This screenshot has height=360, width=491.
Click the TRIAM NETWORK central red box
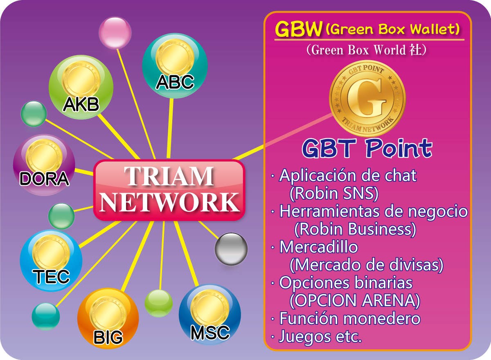tap(169, 190)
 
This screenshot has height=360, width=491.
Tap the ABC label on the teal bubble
tap(175, 82)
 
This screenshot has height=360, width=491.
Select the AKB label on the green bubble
tap(81, 104)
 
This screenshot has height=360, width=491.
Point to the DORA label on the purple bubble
tap(44, 179)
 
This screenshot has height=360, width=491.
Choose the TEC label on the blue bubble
tap(51, 277)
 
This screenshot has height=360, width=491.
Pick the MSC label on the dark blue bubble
tap(210, 333)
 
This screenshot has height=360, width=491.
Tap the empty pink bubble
tap(115, 33)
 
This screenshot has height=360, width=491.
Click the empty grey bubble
tap(231, 249)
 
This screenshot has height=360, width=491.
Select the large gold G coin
tap(367, 99)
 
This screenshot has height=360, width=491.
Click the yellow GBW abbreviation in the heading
tap(299, 29)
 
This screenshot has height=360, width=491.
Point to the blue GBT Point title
tap(367, 149)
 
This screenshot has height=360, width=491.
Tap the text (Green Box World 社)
tap(367, 50)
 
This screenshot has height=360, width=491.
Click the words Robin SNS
tap(334, 193)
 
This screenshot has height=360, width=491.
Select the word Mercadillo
tap(319, 247)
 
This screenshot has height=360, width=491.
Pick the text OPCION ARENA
tap(355, 300)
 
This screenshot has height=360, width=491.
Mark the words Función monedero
tap(350, 318)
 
